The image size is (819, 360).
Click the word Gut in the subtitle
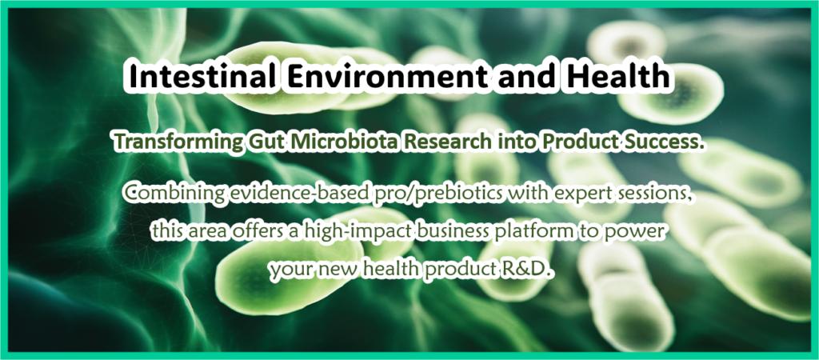tap(260, 142)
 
